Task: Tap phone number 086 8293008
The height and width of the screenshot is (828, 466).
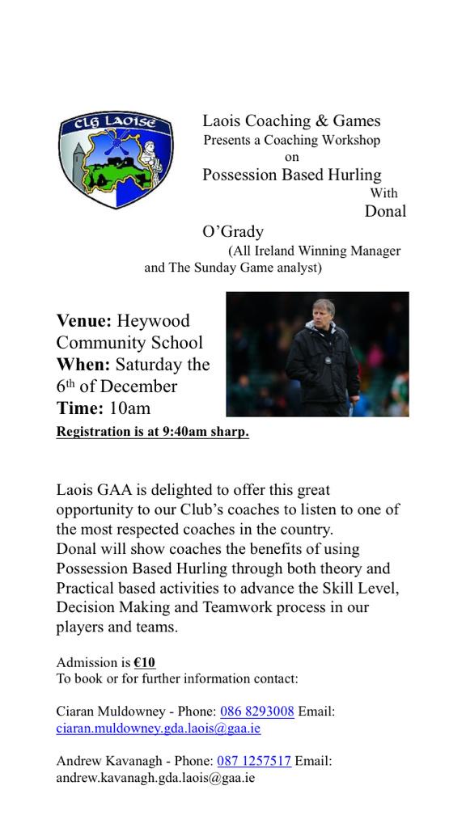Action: point(256,712)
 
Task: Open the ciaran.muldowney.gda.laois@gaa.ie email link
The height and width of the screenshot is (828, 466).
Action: point(159,728)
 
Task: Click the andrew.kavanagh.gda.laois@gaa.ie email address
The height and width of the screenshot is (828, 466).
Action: point(155,777)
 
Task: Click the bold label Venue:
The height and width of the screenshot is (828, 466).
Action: point(84,321)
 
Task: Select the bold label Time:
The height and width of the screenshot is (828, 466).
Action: point(79,408)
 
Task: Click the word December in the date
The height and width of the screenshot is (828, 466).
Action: point(138,386)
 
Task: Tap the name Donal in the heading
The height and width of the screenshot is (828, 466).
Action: point(384,211)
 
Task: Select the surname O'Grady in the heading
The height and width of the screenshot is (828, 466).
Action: point(233,231)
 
